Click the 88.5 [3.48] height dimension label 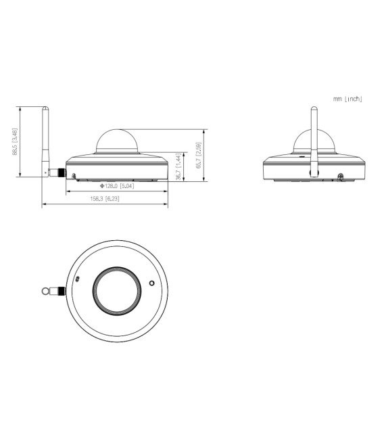pyautogui.click(x=15, y=142)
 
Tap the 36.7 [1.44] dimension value pyautogui.click(x=178, y=166)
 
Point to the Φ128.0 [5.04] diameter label pyautogui.click(x=118, y=185)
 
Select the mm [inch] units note pyautogui.click(x=347, y=99)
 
